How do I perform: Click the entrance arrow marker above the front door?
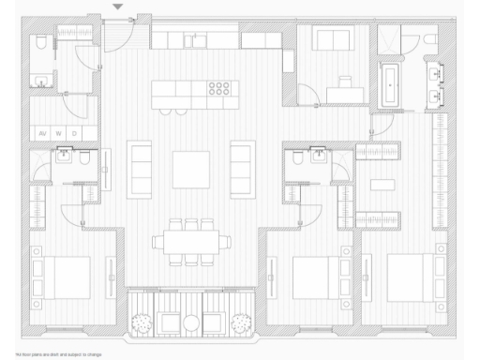pyautogui.click(x=117, y=7)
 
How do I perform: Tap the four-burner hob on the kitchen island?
pyautogui.click(x=218, y=91)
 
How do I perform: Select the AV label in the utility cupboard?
pyautogui.click(x=42, y=133)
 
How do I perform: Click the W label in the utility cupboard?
pyautogui.click(x=59, y=133)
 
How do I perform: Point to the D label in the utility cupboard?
pyautogui.click(x=75, y=133)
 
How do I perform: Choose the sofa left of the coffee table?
pyautogui.click(x=140, y=169)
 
